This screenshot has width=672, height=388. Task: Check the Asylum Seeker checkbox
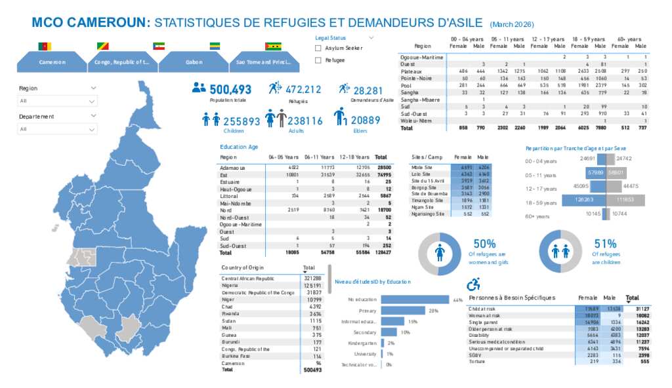pyautogui.click(x=318, y=48)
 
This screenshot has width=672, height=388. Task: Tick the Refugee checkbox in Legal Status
pyautogui.click(x=318, y=60)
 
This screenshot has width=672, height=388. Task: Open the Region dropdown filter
pyautogui.click(x=58, y=101)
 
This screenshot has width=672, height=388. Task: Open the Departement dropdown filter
pyautogui.click(x=58, y=129)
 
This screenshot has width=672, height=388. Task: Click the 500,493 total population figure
pyautogui.click(x=230, y=90)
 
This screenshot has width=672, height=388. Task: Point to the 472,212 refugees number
pyautogui.click(x=303, y=90)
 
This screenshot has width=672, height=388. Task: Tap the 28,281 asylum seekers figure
pyautogui.click(x=367, y=90)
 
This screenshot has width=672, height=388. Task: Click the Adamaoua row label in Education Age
pyautogui.click(x=232, y=168)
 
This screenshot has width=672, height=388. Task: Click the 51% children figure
pyautogui.click(x=605, y=244)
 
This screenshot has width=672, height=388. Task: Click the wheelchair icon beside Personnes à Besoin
pyautogui.click(x=472, y=285)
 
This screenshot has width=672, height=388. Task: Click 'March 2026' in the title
pyautogui.click(x=512, y=24)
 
